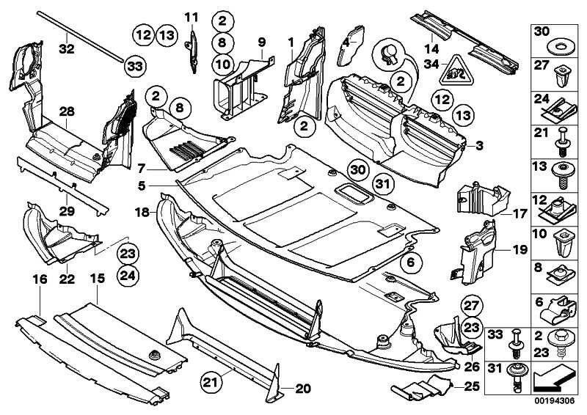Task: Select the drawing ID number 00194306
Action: pyautogui.click(x=554, y=402)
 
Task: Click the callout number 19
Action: pyautogui.click(x=519, y=249)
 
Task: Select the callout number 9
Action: pyautogui.click(x=261, y=42)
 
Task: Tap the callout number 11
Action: pyautogui.click(x=192, y=17)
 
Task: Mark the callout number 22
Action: pyautogui.click(x=66, y=279)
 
